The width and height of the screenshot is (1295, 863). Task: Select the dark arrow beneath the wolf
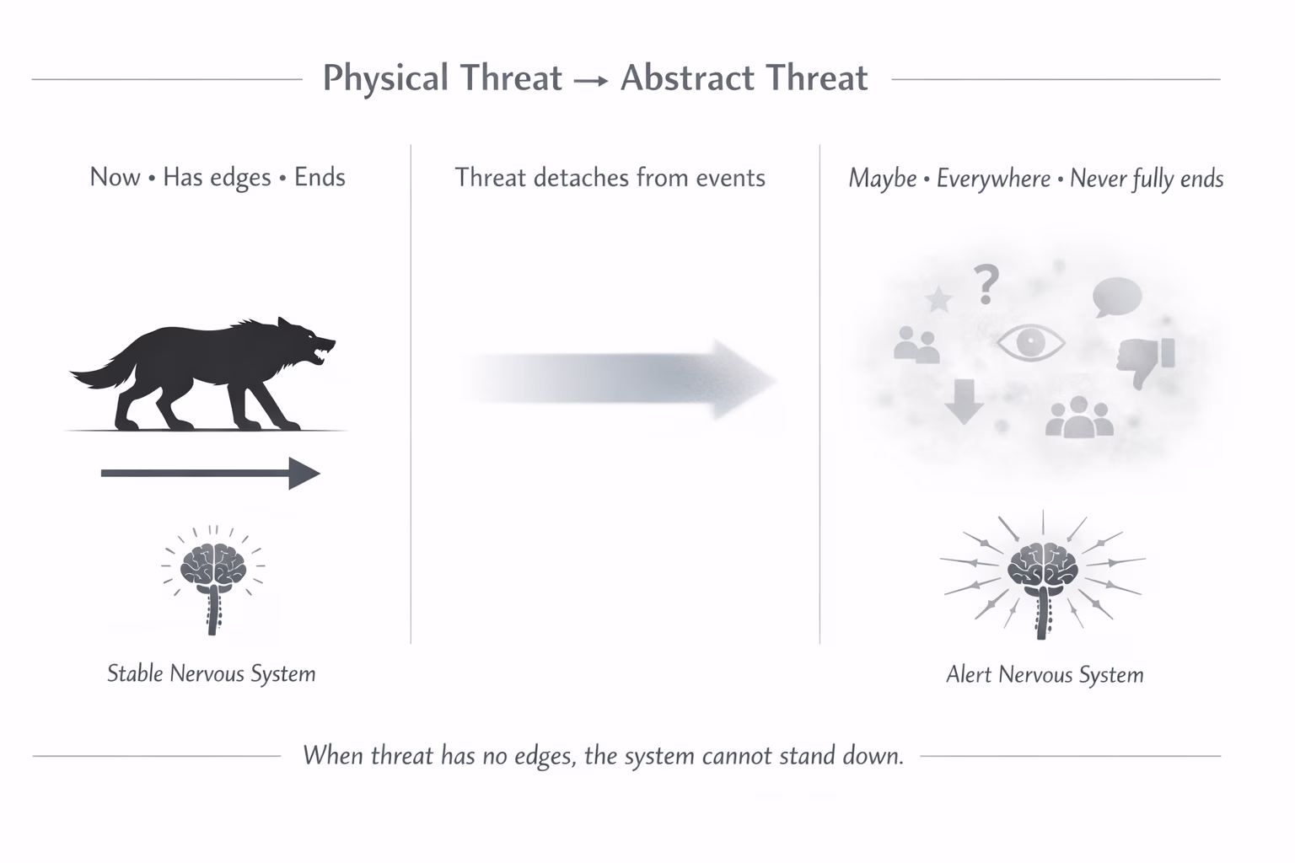[x=210, y=474]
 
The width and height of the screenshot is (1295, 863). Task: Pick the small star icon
[x=938, y=299]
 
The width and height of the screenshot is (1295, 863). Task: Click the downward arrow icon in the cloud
[x=964, y=401]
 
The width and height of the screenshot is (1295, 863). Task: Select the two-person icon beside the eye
[x=916, y=345]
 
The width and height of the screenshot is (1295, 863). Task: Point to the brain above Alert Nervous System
[x=1044, y=565]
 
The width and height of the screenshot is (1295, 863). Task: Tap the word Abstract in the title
[x=680, y=78]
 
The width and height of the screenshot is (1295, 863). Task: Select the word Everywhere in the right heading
[x=993, y=179]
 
